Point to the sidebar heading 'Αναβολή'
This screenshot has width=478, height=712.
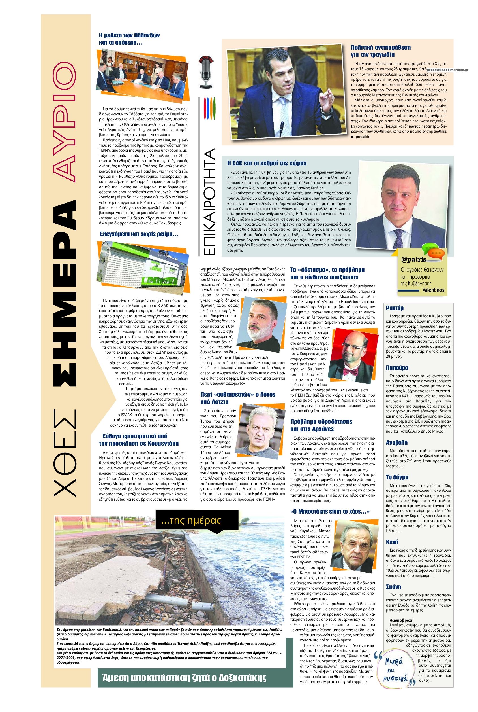[396, 442]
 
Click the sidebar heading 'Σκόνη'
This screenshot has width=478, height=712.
[393, 587]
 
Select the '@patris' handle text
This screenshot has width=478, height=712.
[413, 260]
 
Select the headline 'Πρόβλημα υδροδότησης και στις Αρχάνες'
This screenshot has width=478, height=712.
[321, 425]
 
